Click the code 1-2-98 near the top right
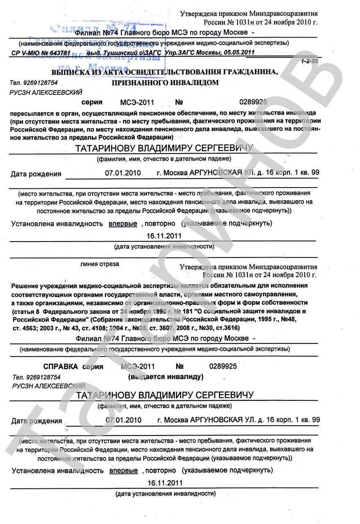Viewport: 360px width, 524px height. (310, 61)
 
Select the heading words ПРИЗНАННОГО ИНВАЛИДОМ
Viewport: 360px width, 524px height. (165, 83)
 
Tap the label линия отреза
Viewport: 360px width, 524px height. (100, 264)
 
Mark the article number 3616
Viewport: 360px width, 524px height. (231, 328)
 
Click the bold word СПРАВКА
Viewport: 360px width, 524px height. (61, 366)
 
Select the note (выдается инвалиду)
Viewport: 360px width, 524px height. (166, 376)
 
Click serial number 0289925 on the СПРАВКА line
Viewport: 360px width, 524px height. (223, 366)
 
